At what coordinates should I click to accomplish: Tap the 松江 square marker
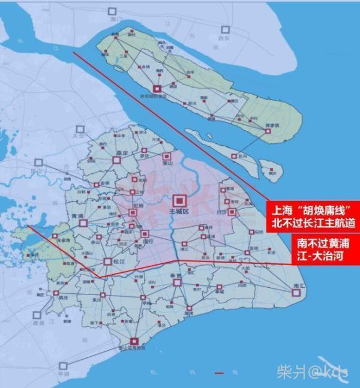pyautogui.click(x=108, y=261)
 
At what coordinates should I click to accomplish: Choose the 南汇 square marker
pyautogui.click(x=295, y=293)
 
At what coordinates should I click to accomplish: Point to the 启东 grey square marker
pyautogui.click(x=226, y=29)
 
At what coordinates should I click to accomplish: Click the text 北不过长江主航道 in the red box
pyautogui.click(x=313, y=222)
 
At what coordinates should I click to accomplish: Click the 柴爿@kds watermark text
pyautogui.click(x=312, y=373)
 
